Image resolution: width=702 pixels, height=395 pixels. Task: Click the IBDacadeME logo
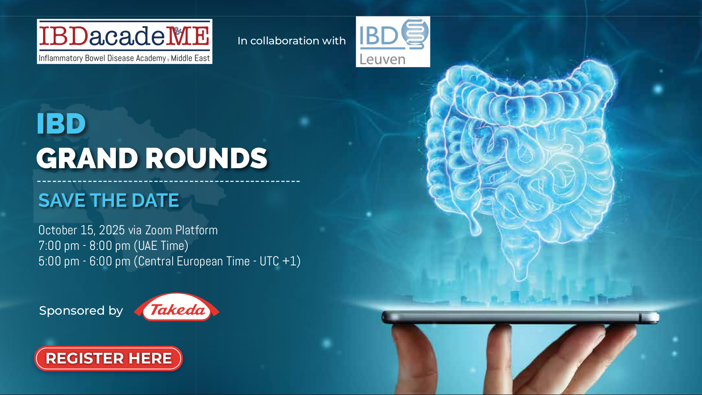click(124, 41)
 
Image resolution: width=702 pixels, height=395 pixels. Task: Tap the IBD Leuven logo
click(393, 42)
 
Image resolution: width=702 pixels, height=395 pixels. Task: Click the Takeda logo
click(177, 307)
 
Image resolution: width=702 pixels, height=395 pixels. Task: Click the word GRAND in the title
click(87, 158)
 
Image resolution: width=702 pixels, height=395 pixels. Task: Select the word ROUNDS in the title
click(206, 158)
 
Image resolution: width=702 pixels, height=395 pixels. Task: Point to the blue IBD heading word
click(61, 123)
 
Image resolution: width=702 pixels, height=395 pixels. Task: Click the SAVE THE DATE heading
click(108, 200)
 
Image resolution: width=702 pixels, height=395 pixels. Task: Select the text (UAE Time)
click(161, 246)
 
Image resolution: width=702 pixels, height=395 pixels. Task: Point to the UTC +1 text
click(278, 261)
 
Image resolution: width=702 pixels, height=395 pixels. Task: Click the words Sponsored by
click(81, 311)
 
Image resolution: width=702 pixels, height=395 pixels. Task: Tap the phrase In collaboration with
click(292, 41)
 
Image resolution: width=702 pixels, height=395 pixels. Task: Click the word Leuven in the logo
click(383, 59)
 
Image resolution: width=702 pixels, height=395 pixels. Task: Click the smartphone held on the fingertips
click(520, 317)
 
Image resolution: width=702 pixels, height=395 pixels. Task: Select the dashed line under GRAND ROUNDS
click(169, 181)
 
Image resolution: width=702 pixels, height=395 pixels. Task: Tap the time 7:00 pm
click(59, 246)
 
